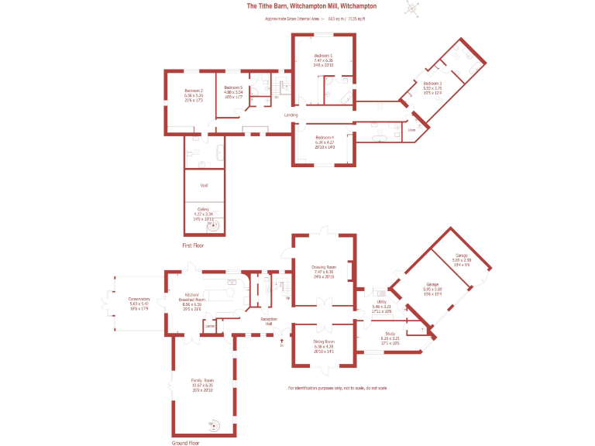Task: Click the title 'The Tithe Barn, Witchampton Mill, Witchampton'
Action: point(311,6)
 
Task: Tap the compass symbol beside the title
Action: point(412,8)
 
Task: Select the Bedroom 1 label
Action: point(323,57)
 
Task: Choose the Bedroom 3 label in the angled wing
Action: point(432,83)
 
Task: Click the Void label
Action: point(205,186)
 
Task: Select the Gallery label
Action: point(204,209)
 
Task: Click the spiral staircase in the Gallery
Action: point(215,225)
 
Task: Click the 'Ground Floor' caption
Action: point(186,443)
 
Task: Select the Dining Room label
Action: point(324,341)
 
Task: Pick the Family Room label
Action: point(203,380)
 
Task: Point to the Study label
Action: point(390,333)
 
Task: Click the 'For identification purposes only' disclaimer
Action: point(337,387)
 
